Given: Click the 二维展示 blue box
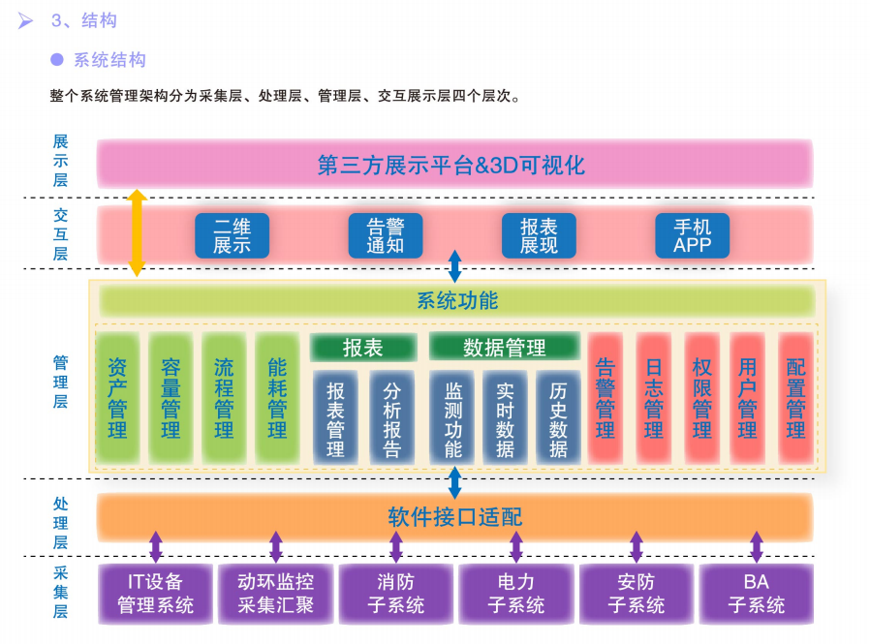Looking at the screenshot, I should click(x=232, y=235).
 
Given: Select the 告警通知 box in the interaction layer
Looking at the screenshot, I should click(x=385, y=235).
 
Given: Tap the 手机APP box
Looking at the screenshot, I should click(x=692, y=235).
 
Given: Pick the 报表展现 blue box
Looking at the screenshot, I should click(x=539, y=235).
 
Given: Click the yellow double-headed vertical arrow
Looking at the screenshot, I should click(x=138, y=232).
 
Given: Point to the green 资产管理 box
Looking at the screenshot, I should click(x=117, y=398).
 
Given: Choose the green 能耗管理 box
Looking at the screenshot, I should click(x=277, y=398).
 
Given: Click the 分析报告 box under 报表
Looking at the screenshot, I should click(x=391, y=417).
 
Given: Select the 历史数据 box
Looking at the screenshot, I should click(x=558, y=417).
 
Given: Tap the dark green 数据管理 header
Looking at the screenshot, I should click(x=504, y=347).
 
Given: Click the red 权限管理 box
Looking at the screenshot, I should click(x=702, y=398).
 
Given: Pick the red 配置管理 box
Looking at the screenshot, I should click(x=795, y=398).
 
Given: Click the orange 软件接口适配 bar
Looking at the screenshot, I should click(x=454, y=516).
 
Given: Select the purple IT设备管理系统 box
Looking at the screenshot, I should click(x=156, y=594).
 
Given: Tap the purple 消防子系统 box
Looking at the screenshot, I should click(x=396, y=594).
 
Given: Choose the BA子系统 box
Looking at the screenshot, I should click(x=757, y=594).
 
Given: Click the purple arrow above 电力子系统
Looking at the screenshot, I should click(x=516, y=547).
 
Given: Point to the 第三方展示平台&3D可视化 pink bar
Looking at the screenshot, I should click(x=454, y=164).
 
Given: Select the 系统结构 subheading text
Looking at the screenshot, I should click(x=109, y=60).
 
